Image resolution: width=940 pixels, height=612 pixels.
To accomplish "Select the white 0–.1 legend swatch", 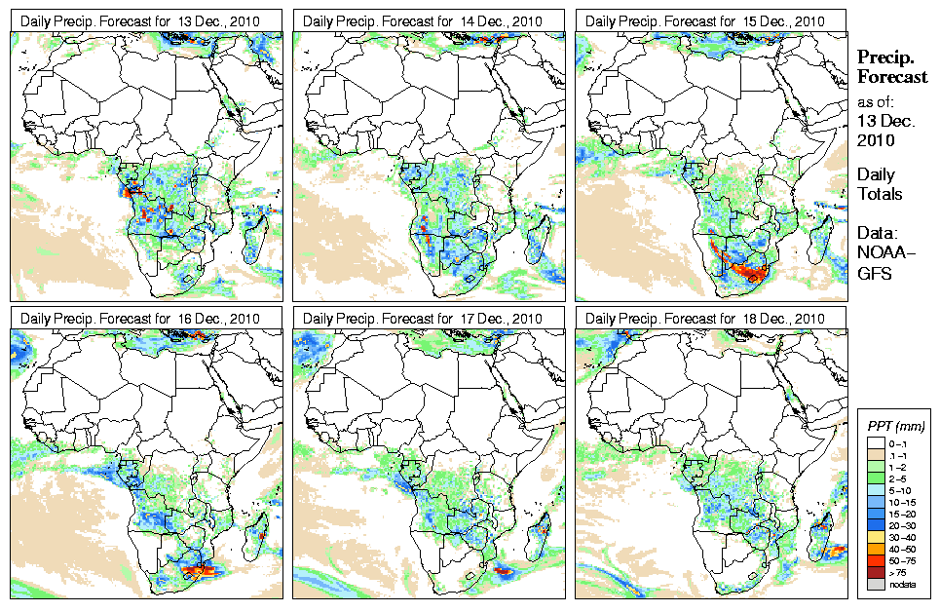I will click(873, 442).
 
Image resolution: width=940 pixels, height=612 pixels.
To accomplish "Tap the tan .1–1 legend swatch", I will click(873, 455).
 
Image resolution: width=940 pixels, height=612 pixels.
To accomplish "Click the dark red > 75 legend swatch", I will click(873, 572).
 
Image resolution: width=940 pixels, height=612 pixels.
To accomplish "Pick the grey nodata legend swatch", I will click(873, 585).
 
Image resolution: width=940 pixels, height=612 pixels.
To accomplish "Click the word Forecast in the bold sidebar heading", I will click(891, 76).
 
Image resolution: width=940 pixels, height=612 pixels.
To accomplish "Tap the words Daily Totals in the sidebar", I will click(879, 184).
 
